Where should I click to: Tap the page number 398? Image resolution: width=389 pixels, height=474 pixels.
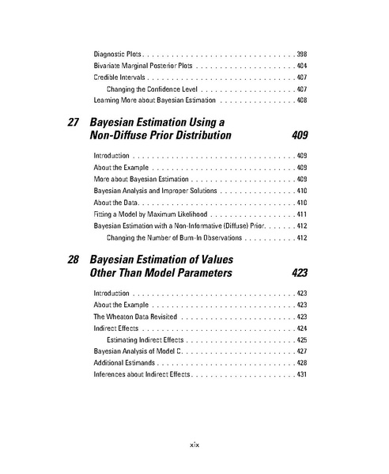pyautogui.click(x=301, y=53)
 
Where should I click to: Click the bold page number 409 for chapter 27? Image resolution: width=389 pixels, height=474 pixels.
pyautogui.click(x=299, y=136)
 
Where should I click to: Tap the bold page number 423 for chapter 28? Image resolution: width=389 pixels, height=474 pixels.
pyautogui.click(x=299, y=273)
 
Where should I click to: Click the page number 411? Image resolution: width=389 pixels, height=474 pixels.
pyautogui.click(x=301, y=214)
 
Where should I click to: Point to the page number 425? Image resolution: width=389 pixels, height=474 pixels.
pyautogui.click(x=301, y=339)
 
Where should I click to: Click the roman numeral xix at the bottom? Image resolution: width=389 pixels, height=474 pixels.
pyautogui.click(x=194, y=446)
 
